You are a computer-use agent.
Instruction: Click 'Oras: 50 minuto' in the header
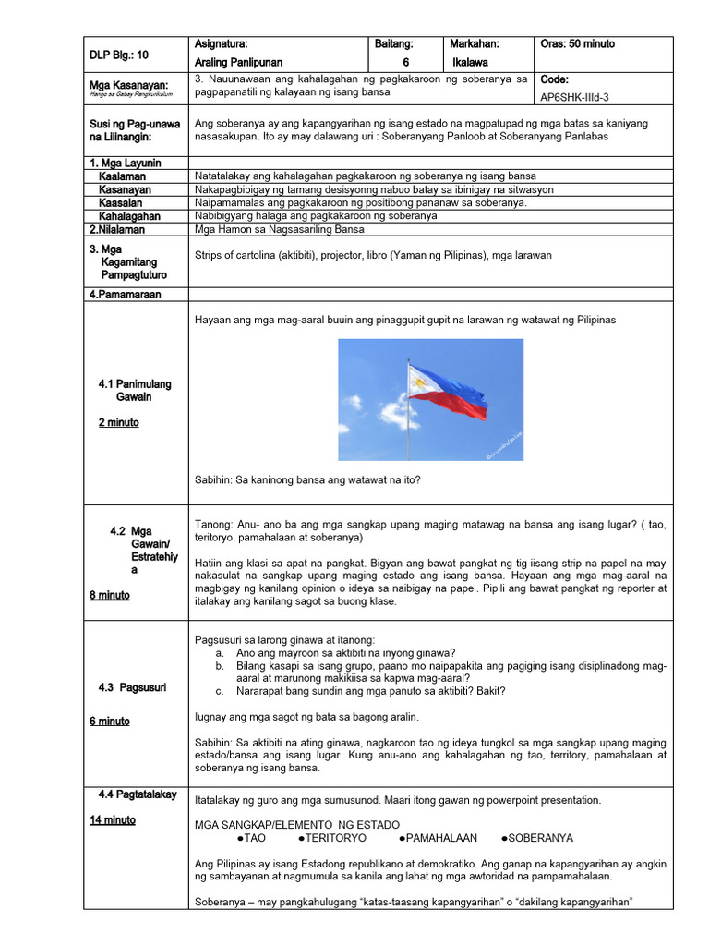click(x=577, y=44)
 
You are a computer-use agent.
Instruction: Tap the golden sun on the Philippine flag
click(x=419, y=382)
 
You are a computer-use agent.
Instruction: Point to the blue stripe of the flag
click(x=450, y=379)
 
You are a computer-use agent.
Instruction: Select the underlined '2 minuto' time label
click(x=118, y=422)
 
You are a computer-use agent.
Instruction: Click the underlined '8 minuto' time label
click(x=110, y=595)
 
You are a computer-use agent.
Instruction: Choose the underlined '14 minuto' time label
click(x=113, y=819)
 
